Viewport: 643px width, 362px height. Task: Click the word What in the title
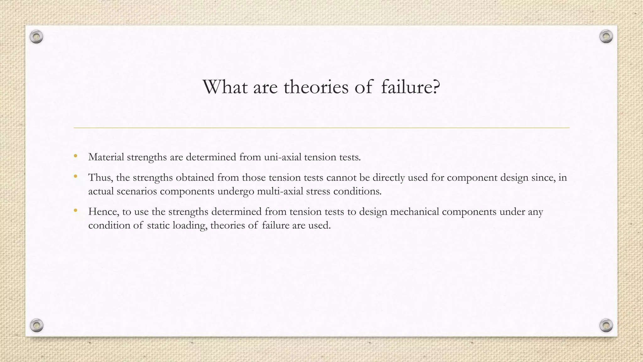[225, 87]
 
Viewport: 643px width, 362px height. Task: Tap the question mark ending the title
[435, 87]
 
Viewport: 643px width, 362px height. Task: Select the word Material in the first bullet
[106, 157]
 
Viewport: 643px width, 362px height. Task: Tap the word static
[158, 225]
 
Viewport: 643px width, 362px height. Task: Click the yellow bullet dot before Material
[75, 156]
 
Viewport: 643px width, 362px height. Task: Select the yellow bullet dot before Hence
[75, 211]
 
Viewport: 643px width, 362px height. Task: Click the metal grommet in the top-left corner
[36, 37]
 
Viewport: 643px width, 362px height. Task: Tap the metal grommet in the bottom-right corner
[606, 325]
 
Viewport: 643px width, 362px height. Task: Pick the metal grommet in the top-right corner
[606, 37]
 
